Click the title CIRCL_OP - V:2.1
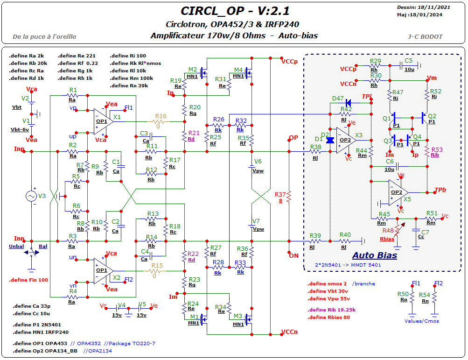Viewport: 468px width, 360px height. (x=235, y=11)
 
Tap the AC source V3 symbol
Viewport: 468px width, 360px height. (x=31, y=196)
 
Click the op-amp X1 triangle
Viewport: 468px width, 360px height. (x=104, y=121)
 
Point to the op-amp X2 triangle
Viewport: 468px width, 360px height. (x=104, y=271)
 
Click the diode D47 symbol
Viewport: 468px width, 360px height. (x=348, y=103)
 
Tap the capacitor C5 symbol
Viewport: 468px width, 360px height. (x=401, y=66)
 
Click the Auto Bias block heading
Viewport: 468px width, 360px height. (x=375, y=255)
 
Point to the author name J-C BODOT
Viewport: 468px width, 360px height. (x=426, y=37)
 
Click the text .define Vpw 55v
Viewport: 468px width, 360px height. (x=328, y=298)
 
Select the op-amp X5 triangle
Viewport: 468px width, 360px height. (x=398, y=193)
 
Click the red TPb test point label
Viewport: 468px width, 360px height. (x=440, y=190)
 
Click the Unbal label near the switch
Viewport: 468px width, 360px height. (x=16, y=247)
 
